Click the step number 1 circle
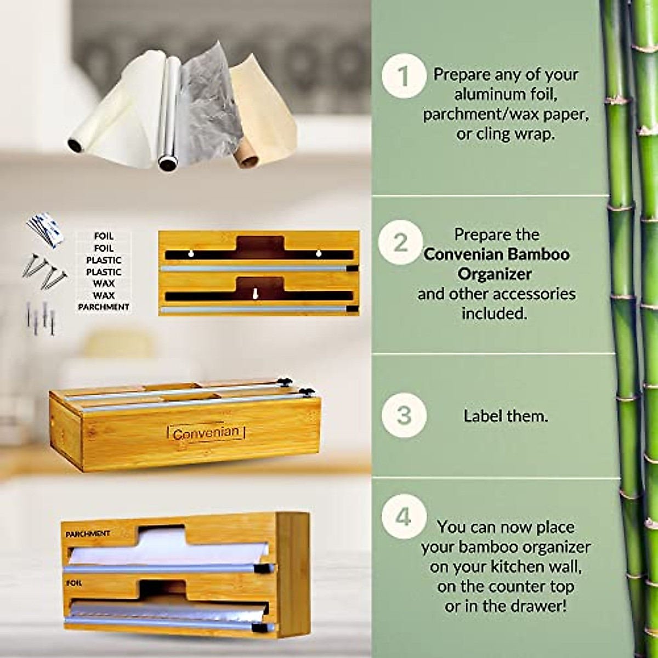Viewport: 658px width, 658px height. (x=404, y=76)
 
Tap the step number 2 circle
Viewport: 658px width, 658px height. (x=401, y=242)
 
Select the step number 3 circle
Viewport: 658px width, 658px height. (x=404, y=415)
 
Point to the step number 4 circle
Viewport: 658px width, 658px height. (x=404, y=517)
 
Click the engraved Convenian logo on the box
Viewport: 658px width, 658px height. (x=206, y=433)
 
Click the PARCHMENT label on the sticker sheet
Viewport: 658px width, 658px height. (x=104, y=307)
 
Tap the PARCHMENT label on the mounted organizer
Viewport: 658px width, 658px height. (x=88, y=533)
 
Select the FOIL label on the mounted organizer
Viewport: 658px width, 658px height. (x=73, y=583)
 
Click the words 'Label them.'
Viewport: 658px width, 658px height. (x=506, y=416)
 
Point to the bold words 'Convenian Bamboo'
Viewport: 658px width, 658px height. (x=497, y=254)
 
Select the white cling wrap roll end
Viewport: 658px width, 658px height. (x=74, y=146)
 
